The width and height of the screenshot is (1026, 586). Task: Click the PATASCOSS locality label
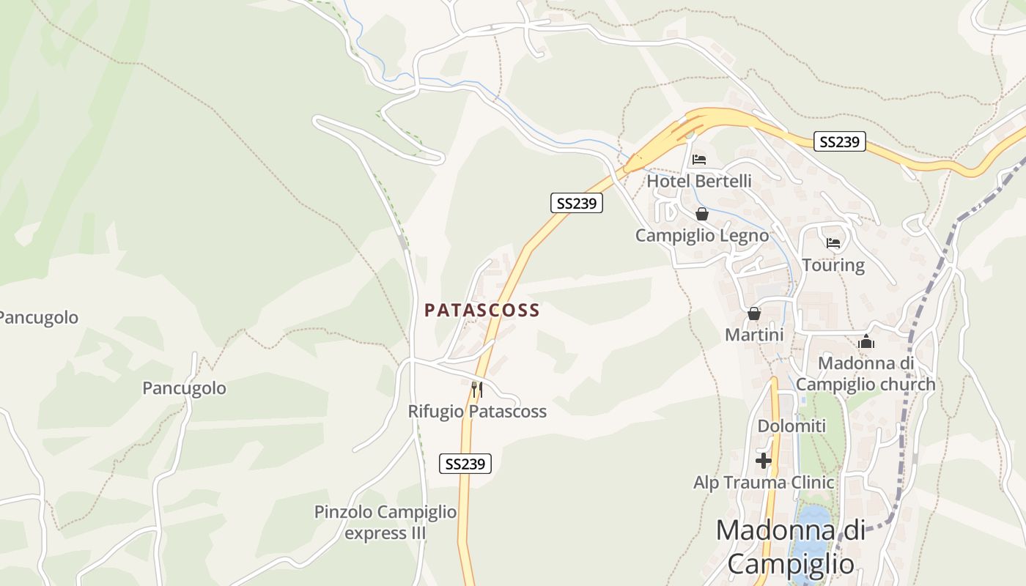point(482,310)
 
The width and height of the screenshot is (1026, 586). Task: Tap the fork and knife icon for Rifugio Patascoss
point(476,389)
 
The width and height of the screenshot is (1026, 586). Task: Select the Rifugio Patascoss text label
point(477,411)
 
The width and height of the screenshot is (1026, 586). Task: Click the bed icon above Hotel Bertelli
point(699,160)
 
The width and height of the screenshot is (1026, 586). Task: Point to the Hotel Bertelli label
point(699,180)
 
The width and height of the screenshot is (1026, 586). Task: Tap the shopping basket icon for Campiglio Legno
point(702,214)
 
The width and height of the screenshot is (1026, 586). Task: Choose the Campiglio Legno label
point(702,235)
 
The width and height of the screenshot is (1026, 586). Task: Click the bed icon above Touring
point(833,243)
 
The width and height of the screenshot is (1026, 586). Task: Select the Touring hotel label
point(833,264)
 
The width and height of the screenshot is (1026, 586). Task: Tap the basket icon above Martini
point(754,314)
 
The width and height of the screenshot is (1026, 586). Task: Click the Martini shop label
point(754,335)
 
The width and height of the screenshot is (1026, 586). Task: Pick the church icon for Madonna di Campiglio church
point(866,342)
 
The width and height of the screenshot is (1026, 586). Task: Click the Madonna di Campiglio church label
point(866,374)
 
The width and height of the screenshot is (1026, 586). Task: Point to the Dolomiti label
point(791,426)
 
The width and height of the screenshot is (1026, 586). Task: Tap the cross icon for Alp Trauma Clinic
point(764,461)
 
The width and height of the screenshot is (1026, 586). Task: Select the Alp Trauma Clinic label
point(764,482)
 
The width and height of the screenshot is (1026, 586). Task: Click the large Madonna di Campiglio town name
point(791,546)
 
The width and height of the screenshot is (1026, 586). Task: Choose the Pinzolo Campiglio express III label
point(385,522)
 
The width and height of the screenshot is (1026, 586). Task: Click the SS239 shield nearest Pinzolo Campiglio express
point(465,464)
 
